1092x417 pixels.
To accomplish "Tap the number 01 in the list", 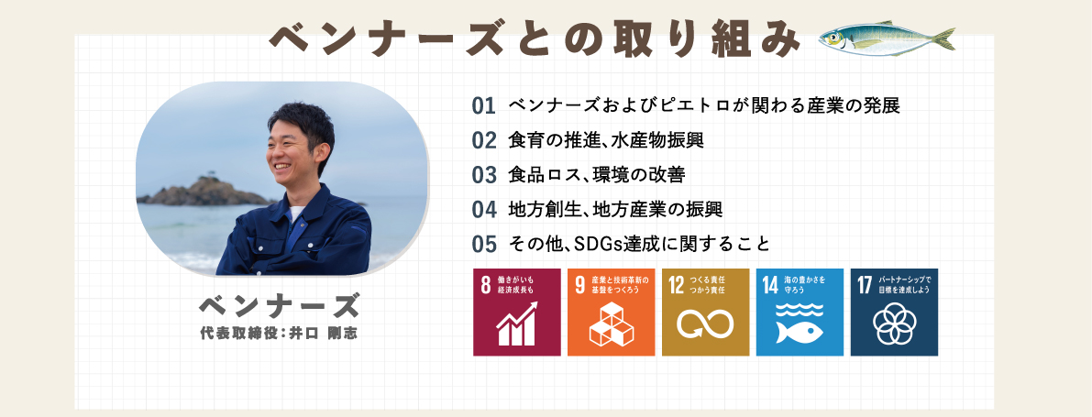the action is [x=483, y=105].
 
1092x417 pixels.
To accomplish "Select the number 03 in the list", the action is [x=483, y=175].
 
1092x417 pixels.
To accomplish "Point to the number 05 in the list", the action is [x=483, y=244].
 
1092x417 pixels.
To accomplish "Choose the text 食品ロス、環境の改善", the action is [x=597, y=175].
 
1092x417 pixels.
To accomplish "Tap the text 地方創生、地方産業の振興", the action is [x=615, y=209].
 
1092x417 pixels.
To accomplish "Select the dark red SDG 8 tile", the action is [x=517, y=312].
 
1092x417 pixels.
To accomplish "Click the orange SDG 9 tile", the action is [x=611, y=312].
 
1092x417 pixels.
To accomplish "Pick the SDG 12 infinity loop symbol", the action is [x=705, y=323].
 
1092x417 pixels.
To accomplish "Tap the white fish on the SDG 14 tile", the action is [x=799, y=331].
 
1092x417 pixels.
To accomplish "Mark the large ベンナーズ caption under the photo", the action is [x=280, y=305].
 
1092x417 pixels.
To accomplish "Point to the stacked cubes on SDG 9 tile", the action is [x=611, y=324].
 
